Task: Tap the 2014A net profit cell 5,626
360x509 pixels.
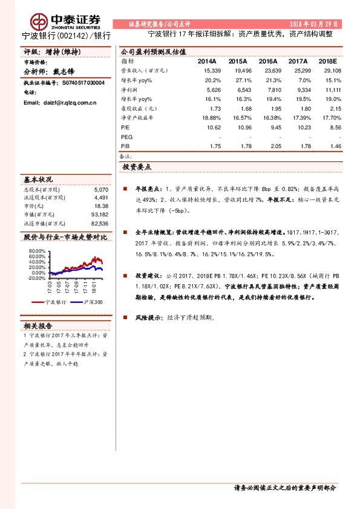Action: coord(212,89)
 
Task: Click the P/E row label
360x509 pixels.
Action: coord(125,128)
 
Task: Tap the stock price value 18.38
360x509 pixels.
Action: coord(101,206)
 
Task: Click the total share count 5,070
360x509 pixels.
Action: coord(101,189)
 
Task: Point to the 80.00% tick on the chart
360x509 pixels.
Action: coord(36,250)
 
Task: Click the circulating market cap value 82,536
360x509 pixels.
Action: coord(99,222)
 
